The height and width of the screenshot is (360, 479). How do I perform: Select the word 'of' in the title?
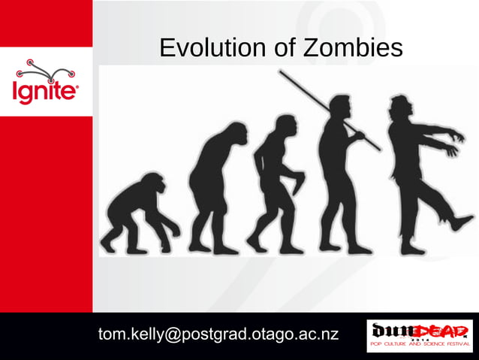[279, 49]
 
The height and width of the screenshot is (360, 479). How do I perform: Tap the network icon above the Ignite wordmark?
[46, 71]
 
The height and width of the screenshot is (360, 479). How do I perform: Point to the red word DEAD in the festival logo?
[444, 330]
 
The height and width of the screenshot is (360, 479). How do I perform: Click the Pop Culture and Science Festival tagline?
[420, 347]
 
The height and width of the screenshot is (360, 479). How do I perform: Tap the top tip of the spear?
[281, 72]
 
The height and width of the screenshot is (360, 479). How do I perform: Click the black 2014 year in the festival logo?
[420, 340]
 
